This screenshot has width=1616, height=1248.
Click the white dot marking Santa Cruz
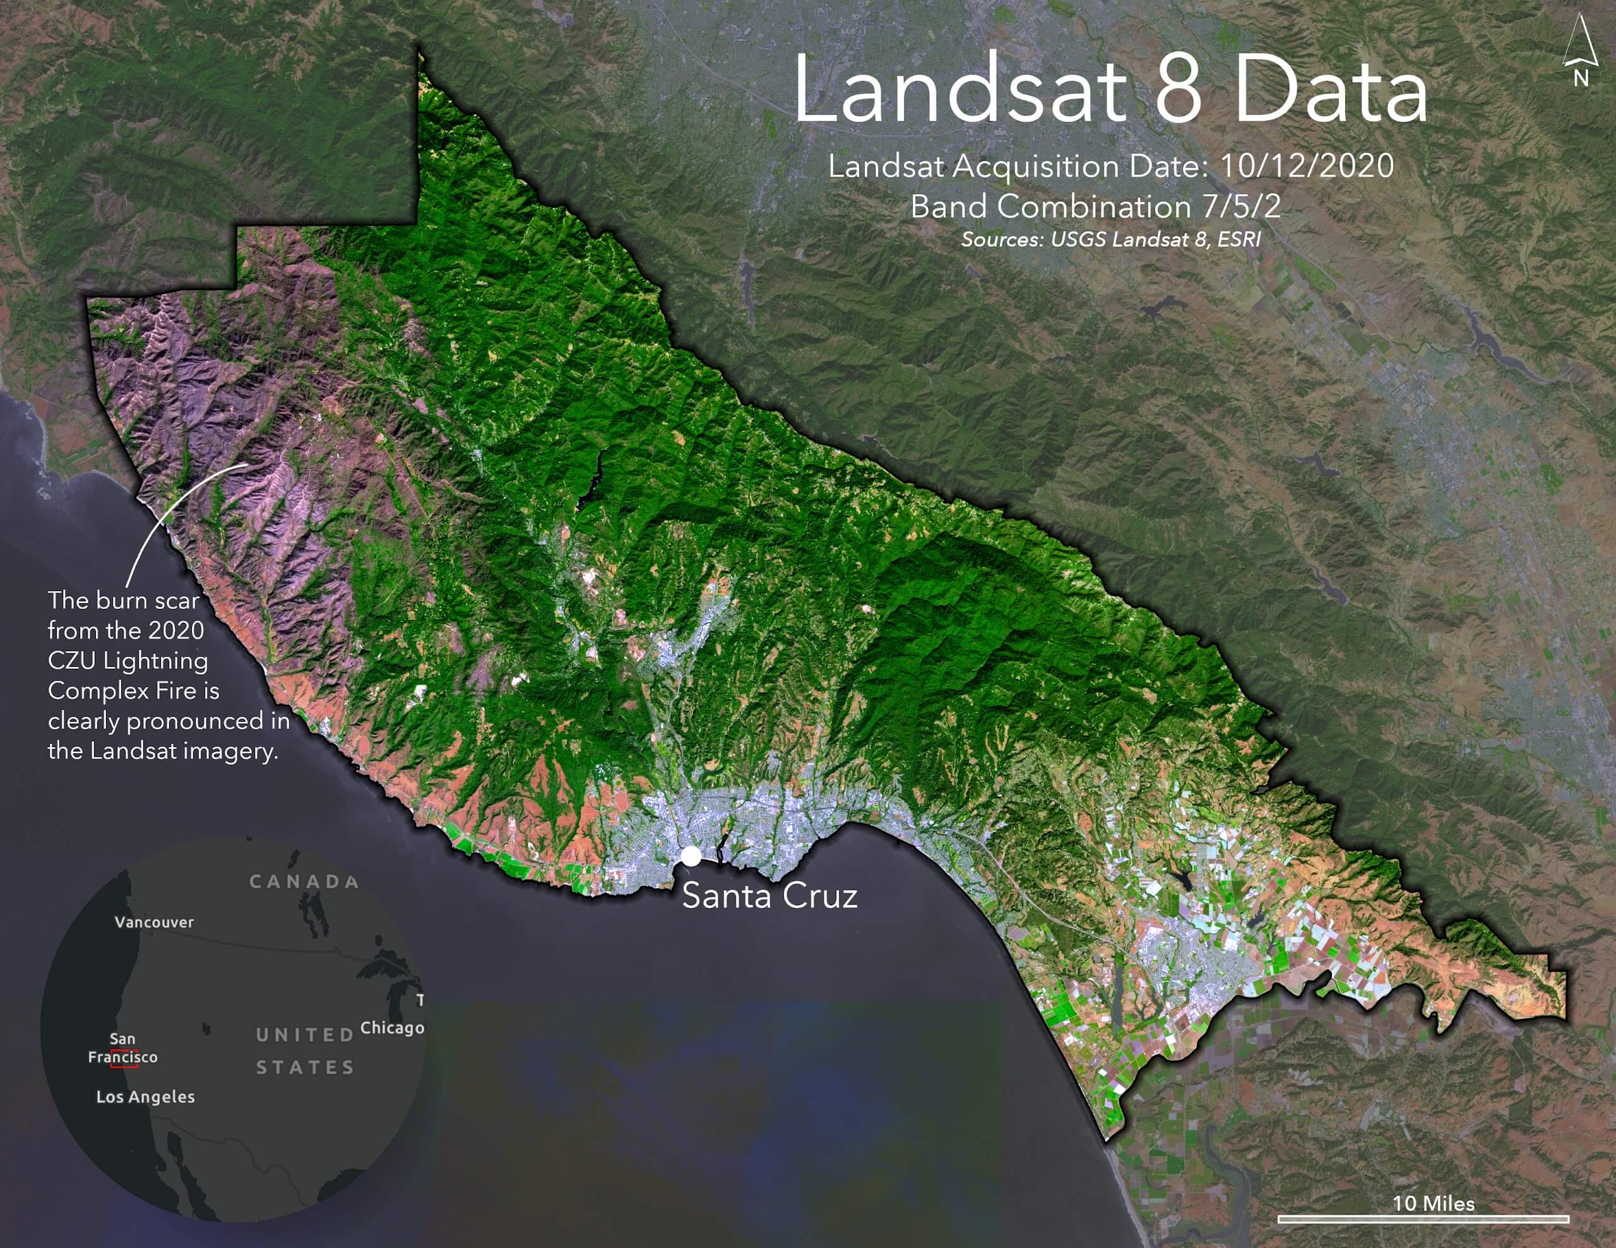[691, 856]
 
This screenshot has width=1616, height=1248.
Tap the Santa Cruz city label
[769, 896]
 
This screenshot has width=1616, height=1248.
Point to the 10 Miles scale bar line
[1423, 1218]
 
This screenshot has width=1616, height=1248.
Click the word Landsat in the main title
[959, 91]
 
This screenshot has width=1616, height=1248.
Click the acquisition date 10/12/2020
[1307, 166]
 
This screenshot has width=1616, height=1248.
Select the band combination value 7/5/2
[1242, 206]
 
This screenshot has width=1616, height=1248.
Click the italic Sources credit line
[1110, 239]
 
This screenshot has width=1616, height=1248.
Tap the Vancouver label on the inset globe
[154, 922]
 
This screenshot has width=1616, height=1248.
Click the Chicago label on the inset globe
[392, 1028]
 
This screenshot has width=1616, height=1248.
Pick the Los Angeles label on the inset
[146, 1097]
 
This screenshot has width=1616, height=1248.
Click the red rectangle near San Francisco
[124, 1058]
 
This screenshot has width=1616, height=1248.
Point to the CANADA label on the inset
[304, 881]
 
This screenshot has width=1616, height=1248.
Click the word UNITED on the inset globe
[305, 1034]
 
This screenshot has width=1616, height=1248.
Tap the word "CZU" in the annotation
[72, 661]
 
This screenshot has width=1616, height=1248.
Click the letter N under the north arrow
[1581, 78]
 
